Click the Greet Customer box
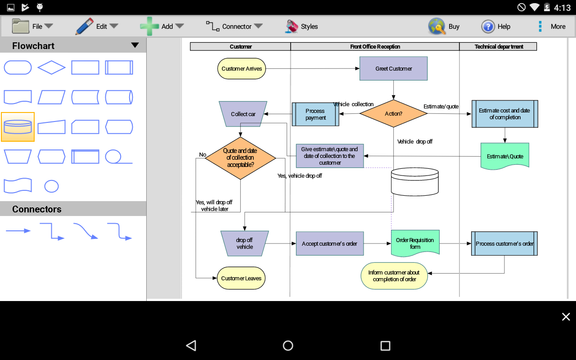click(x=393, y=68)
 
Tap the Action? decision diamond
click(x=393, y=114)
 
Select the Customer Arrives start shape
click(x=242, y=69)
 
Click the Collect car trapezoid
click(x=243, y=114)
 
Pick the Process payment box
click(x=315, y=114)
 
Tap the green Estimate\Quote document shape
click(x=505, y=156)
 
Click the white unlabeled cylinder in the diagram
click(x=414, y=182)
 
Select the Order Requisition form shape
click(x=415, y=243)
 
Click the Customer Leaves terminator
click(x=241, y=278)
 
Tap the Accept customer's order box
click(x=329, y=243)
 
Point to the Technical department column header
click(x=499, y=46)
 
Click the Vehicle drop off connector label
click(x=414, y=141)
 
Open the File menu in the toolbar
click(x=32, y=27)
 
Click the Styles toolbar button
click(x=302, y=27)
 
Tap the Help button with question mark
click(x=495, y=27)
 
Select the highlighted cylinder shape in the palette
click(x=18, y=127)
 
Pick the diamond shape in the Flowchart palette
click(x=51, y=67)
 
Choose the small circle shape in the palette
click(x=51, y=186)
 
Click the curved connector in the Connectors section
click(x=85, y=231)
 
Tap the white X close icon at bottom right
click(x=566, y=317)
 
